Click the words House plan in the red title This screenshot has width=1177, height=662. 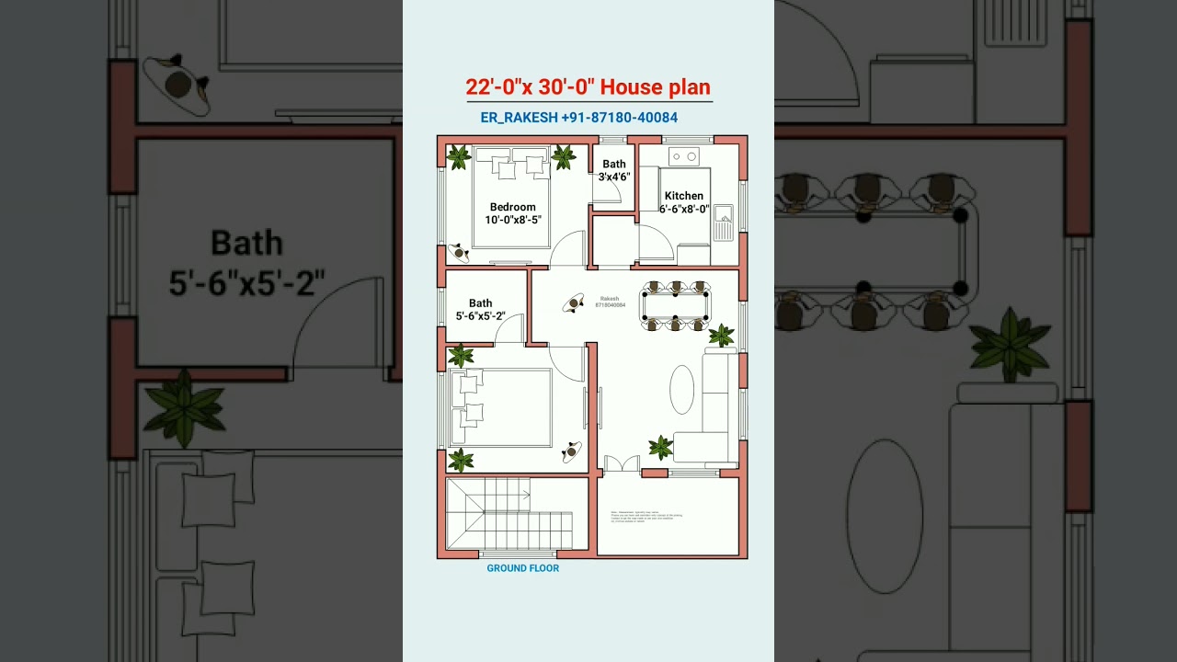[655, 87]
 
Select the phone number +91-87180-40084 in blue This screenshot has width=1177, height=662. [619, 118]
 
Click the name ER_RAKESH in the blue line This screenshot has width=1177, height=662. [519, 118]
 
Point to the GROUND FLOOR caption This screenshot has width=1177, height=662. [522, 568]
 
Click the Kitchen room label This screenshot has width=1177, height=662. [684, 196]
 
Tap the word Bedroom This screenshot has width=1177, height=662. [512, 207]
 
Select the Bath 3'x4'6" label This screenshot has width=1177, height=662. [614, 171]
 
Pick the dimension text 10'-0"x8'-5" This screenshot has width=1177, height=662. [513, 220]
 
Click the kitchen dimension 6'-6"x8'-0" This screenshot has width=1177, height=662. [684, 209]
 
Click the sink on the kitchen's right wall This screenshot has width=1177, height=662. [724, 223]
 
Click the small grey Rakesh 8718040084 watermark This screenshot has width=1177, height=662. [610, 302]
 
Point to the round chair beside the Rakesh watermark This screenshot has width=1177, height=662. [574, 302]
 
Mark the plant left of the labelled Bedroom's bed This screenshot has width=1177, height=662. [458, 157]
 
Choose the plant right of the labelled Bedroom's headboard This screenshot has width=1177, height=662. [564, 157]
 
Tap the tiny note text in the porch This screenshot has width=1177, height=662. [646, 518]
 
